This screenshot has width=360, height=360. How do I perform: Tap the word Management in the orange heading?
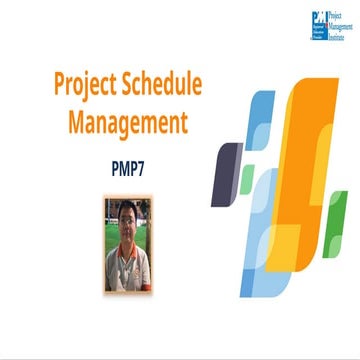[x=128, y=123]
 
